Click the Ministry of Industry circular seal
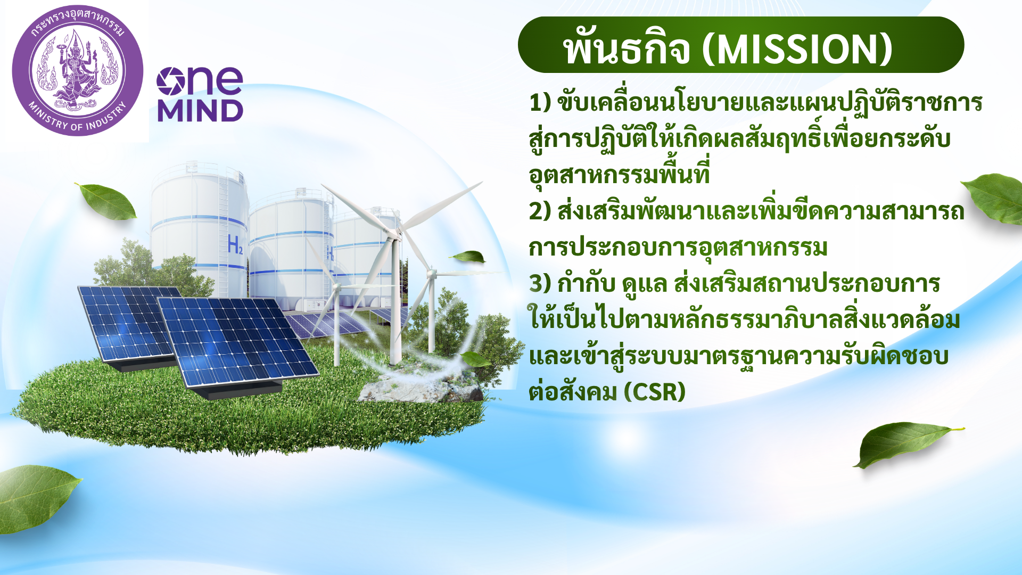[78, 71]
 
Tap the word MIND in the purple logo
[200, 110]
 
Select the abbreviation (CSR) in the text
[655, 392]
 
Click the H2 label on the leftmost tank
[235, 245]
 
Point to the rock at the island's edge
[421, 386]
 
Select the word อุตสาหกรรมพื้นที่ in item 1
[620, 174]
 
